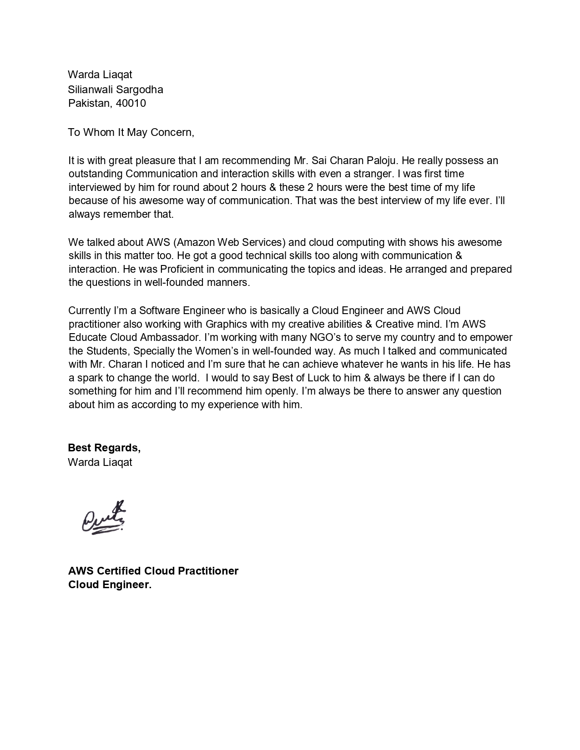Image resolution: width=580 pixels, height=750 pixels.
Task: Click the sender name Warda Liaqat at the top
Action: [x=100, y=74]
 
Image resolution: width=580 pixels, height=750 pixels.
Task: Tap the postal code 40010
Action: [x=131, y=103]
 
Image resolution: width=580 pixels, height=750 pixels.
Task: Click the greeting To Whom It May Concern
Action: [x=131, y=132]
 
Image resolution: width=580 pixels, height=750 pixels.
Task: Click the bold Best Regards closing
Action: [x=104, y=448]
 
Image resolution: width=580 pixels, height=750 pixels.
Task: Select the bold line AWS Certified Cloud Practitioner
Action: [x=153, y=571]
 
